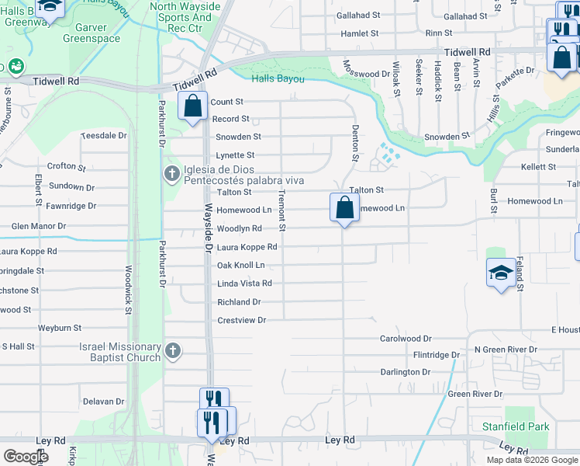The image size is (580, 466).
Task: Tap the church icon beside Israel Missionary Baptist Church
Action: point(172,352)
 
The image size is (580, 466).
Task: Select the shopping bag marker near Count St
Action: point(192,106)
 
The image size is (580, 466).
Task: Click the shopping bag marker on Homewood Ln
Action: point(344,207)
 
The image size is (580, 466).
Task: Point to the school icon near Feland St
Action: point(502,273)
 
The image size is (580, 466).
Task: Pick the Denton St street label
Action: point(355,143)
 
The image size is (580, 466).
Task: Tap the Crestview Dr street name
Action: point(241,320)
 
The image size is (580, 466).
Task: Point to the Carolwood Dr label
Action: point(405,339)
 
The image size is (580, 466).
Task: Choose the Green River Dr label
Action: point(475,394)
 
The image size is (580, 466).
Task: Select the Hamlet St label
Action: point(359,33)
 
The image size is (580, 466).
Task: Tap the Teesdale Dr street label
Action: point(104,135)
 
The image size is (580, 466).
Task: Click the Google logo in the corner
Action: point(25,456)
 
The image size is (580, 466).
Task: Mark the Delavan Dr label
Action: point(103,402)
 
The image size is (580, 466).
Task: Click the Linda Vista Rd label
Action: point(244,283)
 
